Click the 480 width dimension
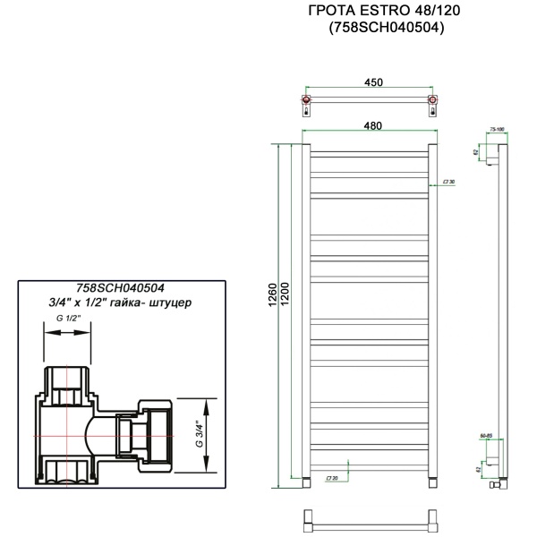click(x=371, y=128)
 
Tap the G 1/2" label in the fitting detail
click(x=69, y=319)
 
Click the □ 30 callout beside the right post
click(x=448, y=182)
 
